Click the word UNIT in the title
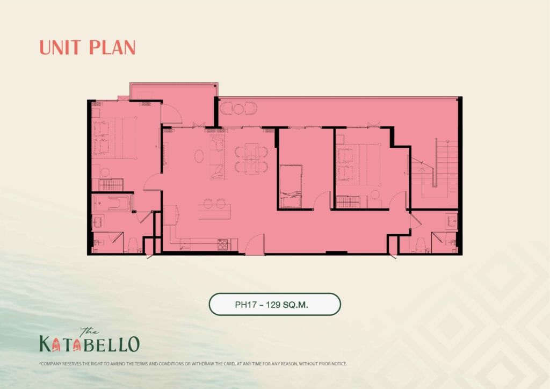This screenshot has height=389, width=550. coord(60,47)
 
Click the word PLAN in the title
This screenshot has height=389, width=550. coord(112,47)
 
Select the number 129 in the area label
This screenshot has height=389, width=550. coord(273,305)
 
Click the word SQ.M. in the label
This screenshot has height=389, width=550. coord(295,305)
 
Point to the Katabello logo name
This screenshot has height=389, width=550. coord(90,343)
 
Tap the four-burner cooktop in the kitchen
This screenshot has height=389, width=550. coord(222,244)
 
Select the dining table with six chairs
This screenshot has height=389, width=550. coord(251,158)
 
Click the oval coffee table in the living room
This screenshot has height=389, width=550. coord(199,156)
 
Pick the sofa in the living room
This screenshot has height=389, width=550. coord(217,157)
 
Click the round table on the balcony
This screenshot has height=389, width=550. coord(238,109)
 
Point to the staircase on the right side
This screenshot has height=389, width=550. coord(435,168)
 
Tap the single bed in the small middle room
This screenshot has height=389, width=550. coord(291,186)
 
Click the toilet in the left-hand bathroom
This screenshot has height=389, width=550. coord(133,245)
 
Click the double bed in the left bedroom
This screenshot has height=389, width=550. coord(114,138)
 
